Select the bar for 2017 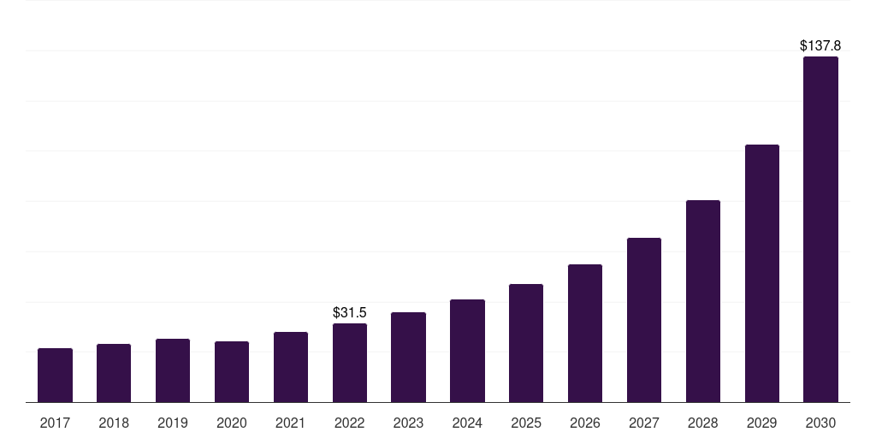[55, 376]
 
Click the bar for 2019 [173, 370]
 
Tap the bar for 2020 [232, 371]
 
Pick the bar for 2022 [350, 363]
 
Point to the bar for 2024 [468, 351]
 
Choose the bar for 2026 [585, 334]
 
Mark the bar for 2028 [703, 301]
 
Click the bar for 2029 [762, 274]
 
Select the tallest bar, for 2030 [820, 229]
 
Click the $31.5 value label [350, 313]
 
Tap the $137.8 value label [820, 46]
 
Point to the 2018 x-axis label [114, 423]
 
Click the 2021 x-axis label [291, 423]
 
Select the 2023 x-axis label [408, 423]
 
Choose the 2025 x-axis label [526, 423]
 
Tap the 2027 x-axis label [644, 423]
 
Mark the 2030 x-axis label [820, 423]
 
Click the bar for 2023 [408, 358]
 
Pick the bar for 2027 [644, 320]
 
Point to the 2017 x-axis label [55, 423]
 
